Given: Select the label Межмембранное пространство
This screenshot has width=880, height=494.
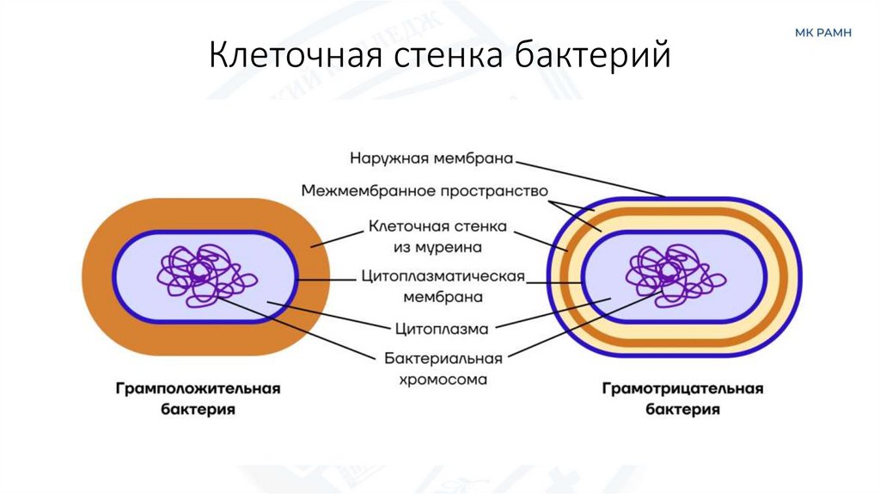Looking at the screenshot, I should (x=425, y=190).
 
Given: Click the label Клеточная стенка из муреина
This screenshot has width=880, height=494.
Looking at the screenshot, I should (x=437, y=237).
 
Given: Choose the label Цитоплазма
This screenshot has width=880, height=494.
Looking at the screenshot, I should (x=442, y=328).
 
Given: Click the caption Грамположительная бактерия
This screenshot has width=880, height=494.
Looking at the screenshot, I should (x=199, y=399).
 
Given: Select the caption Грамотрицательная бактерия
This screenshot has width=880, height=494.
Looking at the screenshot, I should (x=681, y=399).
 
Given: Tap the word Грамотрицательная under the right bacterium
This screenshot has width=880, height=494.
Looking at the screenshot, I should (x=681, y=389).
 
